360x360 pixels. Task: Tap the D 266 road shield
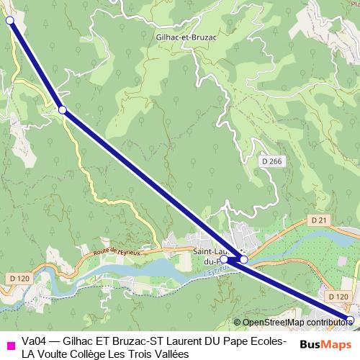271,161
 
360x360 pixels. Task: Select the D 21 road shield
320,219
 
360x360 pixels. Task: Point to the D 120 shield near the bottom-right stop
336,296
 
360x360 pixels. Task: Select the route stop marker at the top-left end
10,21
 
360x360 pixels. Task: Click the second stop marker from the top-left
63,109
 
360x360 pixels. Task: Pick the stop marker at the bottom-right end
351,318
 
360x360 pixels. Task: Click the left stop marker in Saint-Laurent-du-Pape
224,258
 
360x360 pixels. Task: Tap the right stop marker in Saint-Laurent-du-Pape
244,259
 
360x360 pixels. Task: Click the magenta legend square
9,347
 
